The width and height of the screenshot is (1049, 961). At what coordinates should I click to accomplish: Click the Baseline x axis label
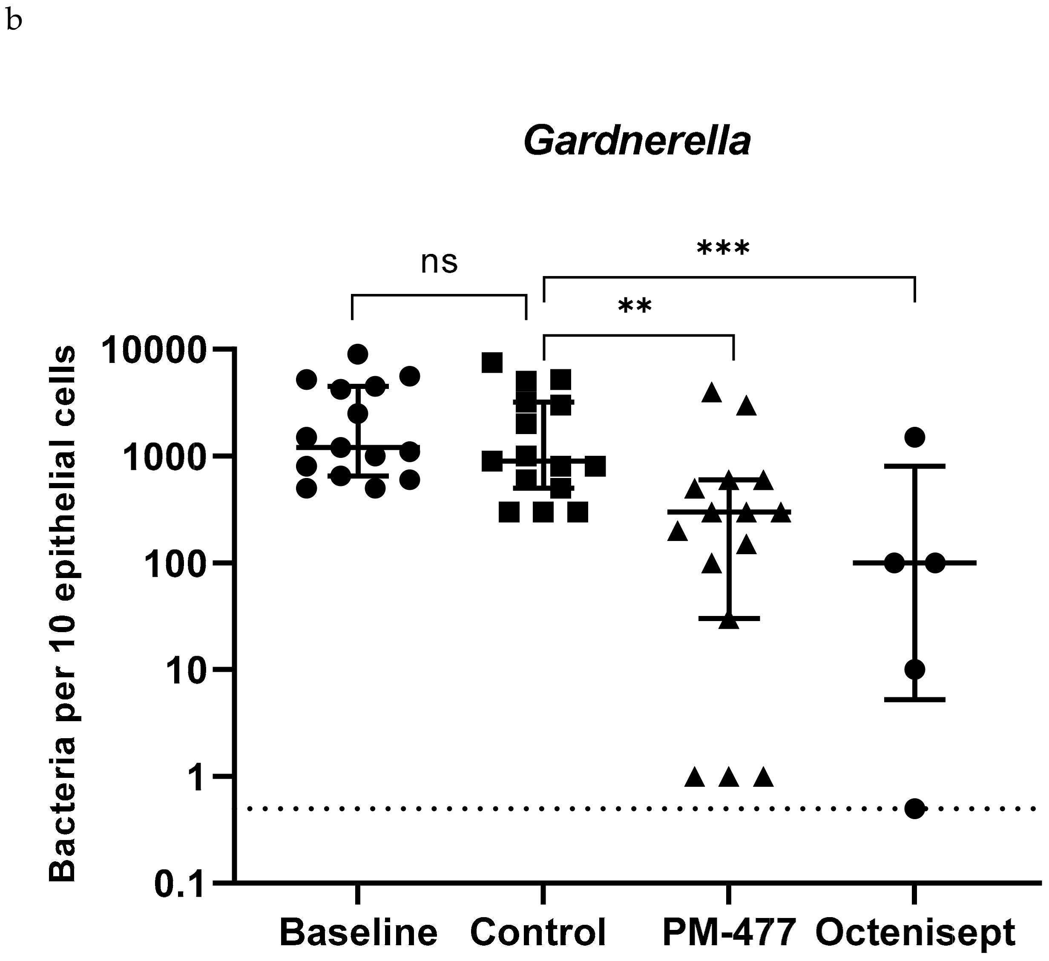[358, 932]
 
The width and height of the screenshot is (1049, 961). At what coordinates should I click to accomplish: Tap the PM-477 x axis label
[729, 932]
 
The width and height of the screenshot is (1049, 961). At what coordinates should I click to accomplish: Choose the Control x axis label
[538, 932]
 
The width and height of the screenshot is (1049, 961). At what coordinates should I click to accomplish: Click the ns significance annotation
[439, 263]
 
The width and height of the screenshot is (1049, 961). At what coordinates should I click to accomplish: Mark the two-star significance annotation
[635, 308]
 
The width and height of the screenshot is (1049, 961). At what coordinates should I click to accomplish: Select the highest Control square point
[492, 363]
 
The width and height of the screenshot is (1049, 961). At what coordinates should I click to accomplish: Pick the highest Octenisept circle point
[915, 437]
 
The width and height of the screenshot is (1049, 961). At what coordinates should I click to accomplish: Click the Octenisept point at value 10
[915, 670]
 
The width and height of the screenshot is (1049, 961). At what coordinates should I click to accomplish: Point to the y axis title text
[63, 614]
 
